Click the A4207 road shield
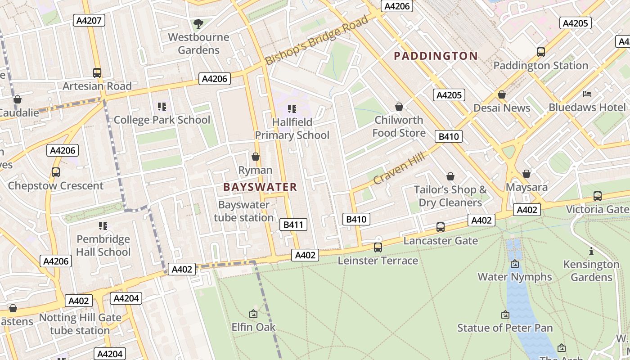(x=89, y=20)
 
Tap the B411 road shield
(x=293, y=225)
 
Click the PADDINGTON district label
(x=436, y=56)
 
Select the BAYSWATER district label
(x=260, y=187)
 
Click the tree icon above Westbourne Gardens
(x=198, y=23)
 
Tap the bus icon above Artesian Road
(x=97, y=72)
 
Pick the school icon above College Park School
(x=162, y=107)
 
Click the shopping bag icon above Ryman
(x=256, y=157)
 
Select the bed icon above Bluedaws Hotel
(x=587, y=94)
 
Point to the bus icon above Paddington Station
(x=540, y=52)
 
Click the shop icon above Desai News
(x=502, y=94)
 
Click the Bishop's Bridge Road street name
(x=316, y=40)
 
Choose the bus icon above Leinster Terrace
(x=378, y=247)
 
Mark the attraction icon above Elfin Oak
(x=253, y=314)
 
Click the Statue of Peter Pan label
(x=505, y=328)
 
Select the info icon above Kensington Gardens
(x=591, y=251)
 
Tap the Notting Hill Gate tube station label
(x=80, y=324)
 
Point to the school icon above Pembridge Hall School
(x=103, y=225)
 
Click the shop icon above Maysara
(x=526, y=174)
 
